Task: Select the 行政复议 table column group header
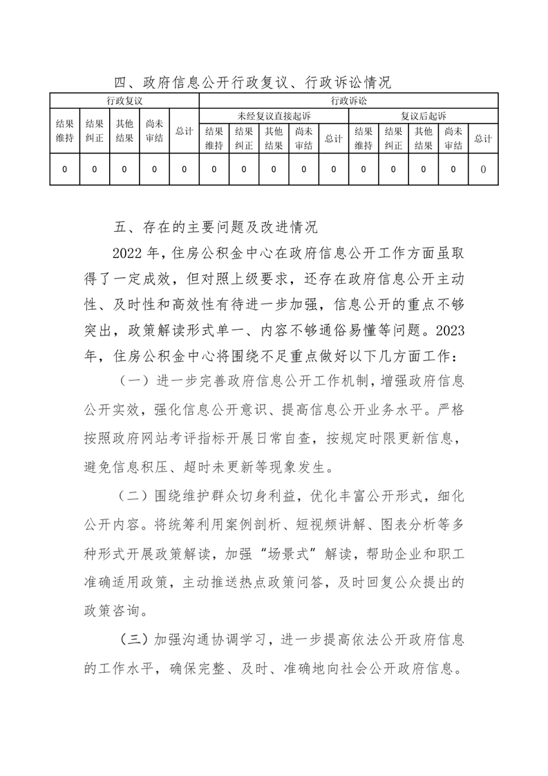point(124,101)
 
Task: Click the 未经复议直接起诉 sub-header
point(274,115)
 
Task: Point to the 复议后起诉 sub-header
point(423,115)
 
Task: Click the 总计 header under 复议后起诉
point(483,138)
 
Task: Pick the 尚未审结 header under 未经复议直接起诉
point(303,138)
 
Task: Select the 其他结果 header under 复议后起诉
point(423,138)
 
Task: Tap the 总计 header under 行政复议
point(184,131)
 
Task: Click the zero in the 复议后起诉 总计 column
point(483,169)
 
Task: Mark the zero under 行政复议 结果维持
point(64,169)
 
